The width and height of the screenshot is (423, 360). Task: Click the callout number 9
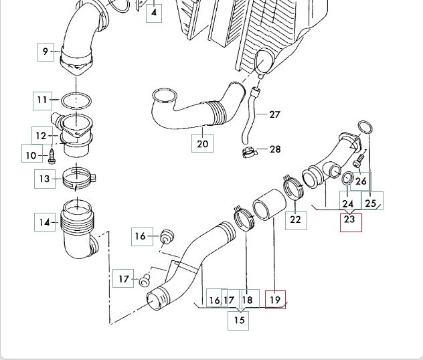coord(46,52)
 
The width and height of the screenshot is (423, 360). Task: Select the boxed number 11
coord(43,100)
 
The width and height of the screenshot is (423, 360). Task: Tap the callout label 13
coord(44,179)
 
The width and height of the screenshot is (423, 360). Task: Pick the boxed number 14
coord(44,221)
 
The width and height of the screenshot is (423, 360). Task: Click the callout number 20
coord(203,143)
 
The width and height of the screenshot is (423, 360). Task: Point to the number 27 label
coord(274,114)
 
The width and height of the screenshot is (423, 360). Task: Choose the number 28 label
coord(275,149)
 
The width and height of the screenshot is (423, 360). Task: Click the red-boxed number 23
coord(350,219)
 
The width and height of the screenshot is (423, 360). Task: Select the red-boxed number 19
coord(275,300)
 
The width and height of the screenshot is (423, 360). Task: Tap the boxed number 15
coord(239,320)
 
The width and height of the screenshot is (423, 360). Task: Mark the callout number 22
coord(295,219)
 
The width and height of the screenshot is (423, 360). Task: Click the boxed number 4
coord(154,12)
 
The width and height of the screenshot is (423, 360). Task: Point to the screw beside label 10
coord(51,156)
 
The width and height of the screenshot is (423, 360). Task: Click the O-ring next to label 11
coord(77,101)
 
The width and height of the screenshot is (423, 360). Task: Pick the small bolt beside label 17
coord(144,281)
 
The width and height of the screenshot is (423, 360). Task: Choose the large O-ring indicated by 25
coord(365,128)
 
